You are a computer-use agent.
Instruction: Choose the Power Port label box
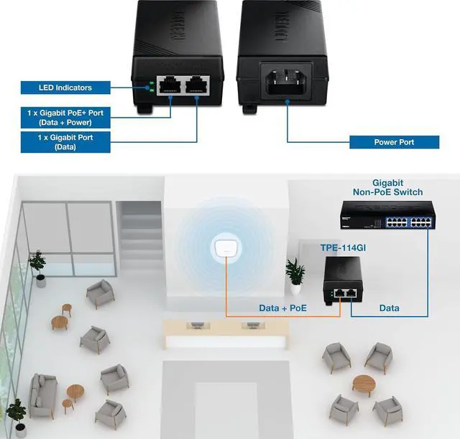[394, 142]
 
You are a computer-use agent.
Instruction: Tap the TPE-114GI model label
[340, 247]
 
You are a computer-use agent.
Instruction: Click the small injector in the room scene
[342, 282]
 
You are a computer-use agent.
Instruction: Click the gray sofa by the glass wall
[42, 394]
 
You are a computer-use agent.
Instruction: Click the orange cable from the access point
[227, 294]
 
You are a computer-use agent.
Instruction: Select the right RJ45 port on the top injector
[196, 87]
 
